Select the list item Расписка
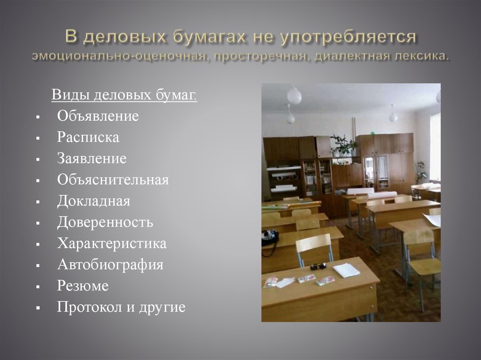coord(88,137)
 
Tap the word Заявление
coord(92,159)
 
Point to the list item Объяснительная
coord(113,180)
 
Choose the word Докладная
coord(93,201)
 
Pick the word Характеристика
coord(112,244)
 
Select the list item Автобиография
coord(110,265)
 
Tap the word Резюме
coord(83,286)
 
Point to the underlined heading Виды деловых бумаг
coord(124,95)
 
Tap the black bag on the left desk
coord(270,238)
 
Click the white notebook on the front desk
coord(346,270)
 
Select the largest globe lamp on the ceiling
coord(295,96)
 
